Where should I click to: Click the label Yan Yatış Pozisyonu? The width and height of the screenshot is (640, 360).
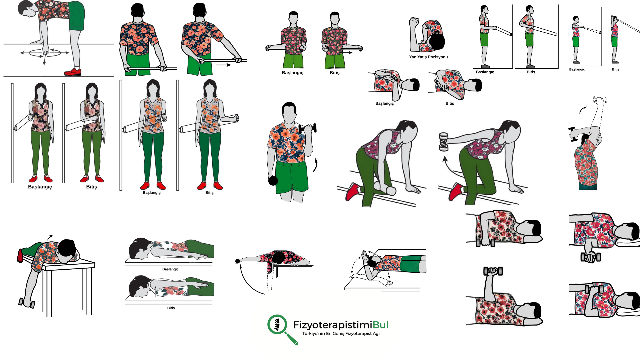tap(428, 57)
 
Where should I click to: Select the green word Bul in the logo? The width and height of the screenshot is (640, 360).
tap(381, 325)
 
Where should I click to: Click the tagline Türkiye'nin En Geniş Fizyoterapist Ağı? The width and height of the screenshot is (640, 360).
tap(341, 334)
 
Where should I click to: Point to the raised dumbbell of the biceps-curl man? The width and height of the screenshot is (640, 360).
tap(308, 128)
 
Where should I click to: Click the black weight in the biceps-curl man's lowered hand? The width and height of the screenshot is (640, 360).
tap(273, 181)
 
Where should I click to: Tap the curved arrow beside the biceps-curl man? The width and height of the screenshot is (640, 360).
tap(315, 165)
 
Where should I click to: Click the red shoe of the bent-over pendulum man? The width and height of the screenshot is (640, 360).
tap(73, 72)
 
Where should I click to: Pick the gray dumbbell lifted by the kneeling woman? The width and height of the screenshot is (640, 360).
tap(443, 142)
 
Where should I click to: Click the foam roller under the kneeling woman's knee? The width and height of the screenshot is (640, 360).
tap(385, 188)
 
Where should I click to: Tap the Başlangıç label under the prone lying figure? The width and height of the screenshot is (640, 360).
tap(170, 269)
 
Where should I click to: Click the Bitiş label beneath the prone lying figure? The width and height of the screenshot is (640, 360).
tap(171, 308)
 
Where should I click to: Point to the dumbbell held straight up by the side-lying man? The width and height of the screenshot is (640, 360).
tap(493, 271)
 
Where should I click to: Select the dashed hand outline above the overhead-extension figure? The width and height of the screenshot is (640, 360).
tap(600, 100)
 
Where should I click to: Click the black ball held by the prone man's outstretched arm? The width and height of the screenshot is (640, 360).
tap(238, 261)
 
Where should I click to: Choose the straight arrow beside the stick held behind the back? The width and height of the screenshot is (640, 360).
tap(223, 65)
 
